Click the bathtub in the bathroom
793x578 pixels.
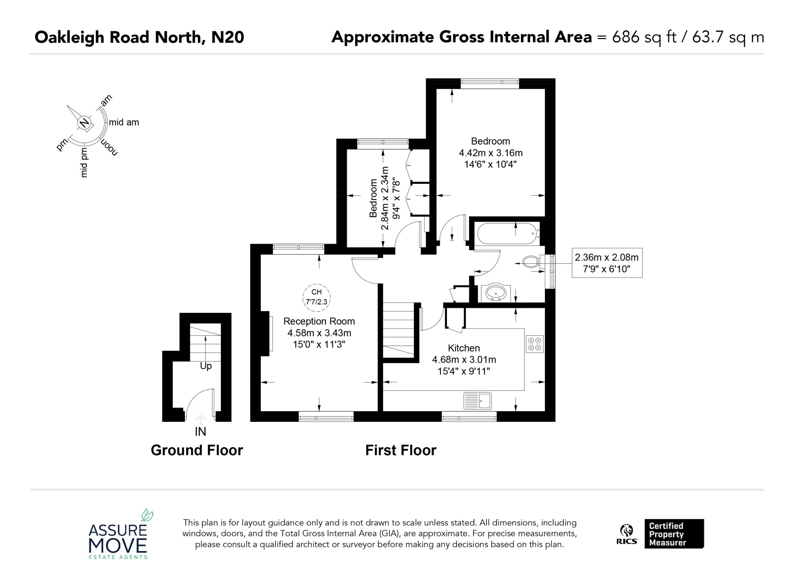(x=508, y=234)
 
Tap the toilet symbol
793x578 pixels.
(x=532, y=261)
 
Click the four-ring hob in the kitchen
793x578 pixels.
(x=535, y=344)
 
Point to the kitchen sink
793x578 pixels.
(x=478, y=401)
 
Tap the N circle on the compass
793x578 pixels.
(x=84, y=123)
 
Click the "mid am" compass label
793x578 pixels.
(x=124, y=122)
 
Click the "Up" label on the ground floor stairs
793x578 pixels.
(x=206, y=366)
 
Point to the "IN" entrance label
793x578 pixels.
(x=200, y=432)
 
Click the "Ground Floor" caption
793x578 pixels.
(x=197, y=450)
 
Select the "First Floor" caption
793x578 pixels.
(x=401, y=450)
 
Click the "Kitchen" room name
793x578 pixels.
(x=464, y=348)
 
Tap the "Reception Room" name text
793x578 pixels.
(x=319, y=321)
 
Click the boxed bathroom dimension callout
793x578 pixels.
(x=607, y=263)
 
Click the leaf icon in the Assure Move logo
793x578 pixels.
(x=147, y=514)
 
